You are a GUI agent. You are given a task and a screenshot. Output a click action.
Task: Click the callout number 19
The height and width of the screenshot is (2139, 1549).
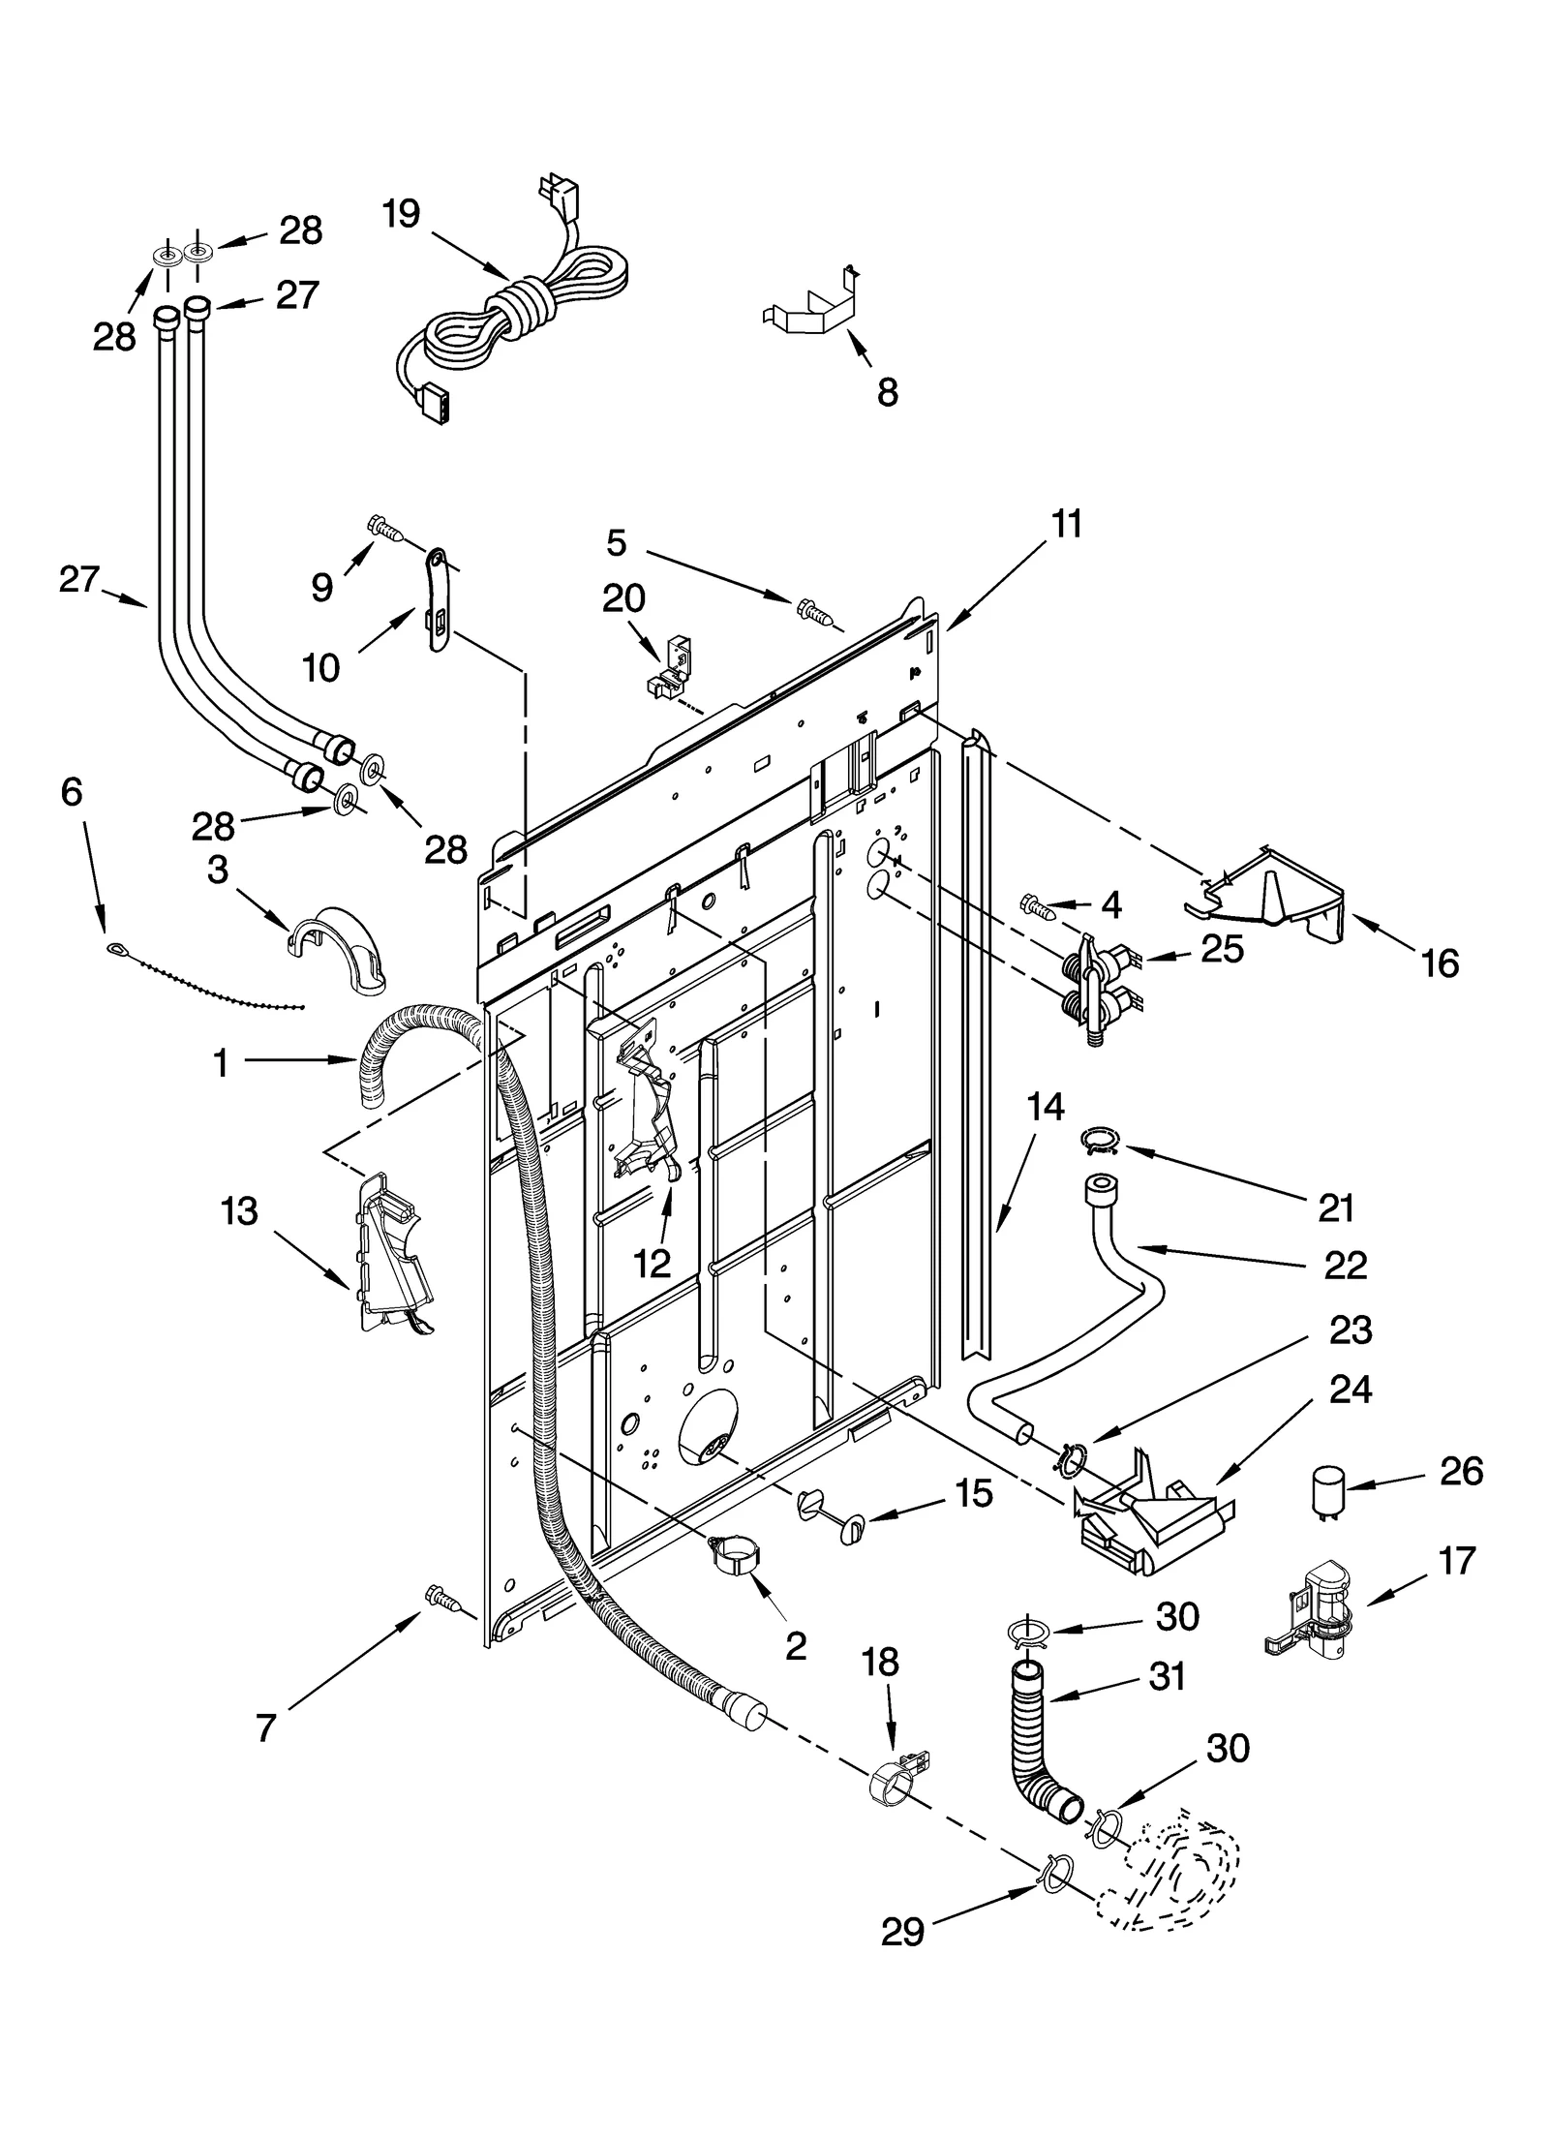click(400, 214)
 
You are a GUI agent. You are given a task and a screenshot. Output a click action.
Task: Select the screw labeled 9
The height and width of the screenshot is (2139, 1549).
click(385, 527)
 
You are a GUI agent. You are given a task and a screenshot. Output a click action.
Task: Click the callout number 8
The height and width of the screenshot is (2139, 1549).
click(887, 392)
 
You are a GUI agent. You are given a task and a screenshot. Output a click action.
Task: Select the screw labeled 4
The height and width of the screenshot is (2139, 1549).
click(1038, 906)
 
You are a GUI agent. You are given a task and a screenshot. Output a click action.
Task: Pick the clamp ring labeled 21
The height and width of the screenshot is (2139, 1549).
click(1099, 1140)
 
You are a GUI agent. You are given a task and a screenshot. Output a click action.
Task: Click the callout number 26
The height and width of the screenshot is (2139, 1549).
click(1461, 1471)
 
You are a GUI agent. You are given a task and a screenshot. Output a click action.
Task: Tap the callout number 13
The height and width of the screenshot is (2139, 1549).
click(239, 1210)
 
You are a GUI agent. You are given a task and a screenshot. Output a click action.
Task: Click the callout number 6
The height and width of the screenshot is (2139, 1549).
click(72, 791)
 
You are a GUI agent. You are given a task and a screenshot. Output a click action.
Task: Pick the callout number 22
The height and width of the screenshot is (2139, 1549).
click(1345, 1265)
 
